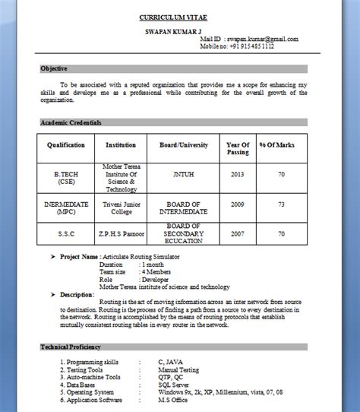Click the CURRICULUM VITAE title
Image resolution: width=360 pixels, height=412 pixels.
[x=172, y=17]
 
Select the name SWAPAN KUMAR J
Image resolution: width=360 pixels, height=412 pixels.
[x=172, y=31]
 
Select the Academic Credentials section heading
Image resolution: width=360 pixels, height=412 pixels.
[x=71, y=122]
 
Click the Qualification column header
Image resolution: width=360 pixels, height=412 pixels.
[x=66, y=144]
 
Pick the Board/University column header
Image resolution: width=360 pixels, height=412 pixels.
[x=184, y=144]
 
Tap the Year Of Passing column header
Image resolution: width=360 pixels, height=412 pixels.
[x=238, y=148]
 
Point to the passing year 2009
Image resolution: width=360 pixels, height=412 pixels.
[x=238, y=204]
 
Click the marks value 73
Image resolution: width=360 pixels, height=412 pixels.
[x=281, y=204]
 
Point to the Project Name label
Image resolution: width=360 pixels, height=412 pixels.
[x=79, y=257]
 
